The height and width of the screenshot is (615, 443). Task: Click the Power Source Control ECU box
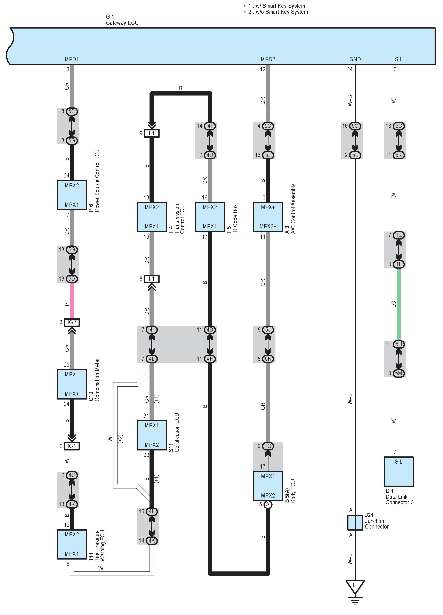pos(72,195)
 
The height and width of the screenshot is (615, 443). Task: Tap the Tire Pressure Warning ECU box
pos(72,544)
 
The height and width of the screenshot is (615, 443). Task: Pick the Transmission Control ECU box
pos(152,217)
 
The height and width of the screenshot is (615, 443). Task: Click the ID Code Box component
pos(210,217)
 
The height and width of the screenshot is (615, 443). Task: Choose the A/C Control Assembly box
pos(268,217)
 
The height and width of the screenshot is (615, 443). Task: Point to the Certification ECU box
pos(152,435)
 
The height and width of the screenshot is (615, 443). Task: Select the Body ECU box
pos(268,486)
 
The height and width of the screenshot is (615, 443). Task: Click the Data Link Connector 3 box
pos(398,471)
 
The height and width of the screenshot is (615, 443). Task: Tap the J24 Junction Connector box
pos(355,523)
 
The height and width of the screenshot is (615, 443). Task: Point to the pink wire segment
pos(72,301)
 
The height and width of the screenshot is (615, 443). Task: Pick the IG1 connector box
pos(72,446)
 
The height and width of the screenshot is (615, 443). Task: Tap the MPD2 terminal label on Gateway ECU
pos(268,59)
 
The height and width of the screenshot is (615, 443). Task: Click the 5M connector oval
pos(398,373)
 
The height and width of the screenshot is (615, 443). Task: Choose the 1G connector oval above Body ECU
pos(268,446)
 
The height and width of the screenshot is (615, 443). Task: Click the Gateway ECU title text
pos(122,23)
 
